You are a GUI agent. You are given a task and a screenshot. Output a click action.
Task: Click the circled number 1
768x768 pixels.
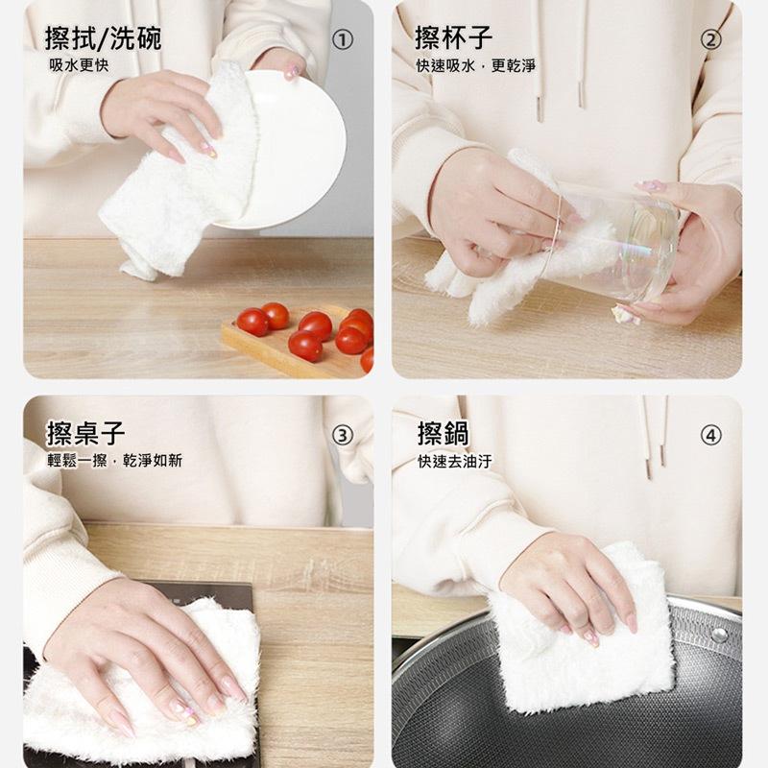(x=342, y=39)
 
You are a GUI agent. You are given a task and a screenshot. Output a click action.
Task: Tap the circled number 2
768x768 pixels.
(x=710, y=39)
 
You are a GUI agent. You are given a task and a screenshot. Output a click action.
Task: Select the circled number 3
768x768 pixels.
(x=342, y=435)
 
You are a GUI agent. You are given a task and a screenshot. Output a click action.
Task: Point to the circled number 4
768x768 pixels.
(x=710, y=435)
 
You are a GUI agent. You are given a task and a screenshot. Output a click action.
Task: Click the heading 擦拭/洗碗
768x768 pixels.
(x=104, y=38)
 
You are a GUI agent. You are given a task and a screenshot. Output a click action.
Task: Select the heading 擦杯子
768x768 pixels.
(x=454, y=38)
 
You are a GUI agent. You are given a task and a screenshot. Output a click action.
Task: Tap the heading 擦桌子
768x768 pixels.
(x=85, y=434)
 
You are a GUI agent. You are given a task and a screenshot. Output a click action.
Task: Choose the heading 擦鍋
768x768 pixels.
(x=443, y=434)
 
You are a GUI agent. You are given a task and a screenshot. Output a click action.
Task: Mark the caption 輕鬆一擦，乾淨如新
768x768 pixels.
(x=114, y=461)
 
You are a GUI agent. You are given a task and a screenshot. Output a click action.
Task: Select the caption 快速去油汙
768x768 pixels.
(x=454, y=461)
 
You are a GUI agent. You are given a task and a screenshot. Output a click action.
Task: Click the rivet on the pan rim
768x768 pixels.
(x=718, y=635)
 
